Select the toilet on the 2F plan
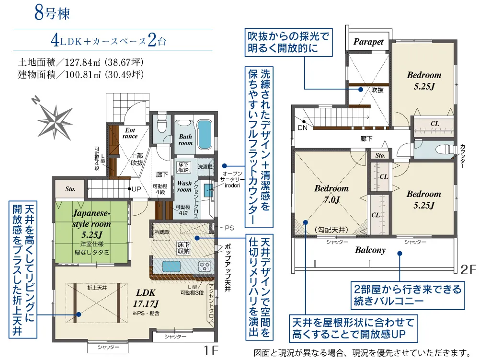(445, 150)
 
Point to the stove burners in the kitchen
(205, 267)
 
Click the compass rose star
(55, 121)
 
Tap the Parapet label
(368, 42)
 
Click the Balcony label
(370, 250)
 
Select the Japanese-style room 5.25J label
(91, 224)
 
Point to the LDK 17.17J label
(146, 298)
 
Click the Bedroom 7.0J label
(331, 194)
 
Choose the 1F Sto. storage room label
(70, 189)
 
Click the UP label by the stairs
(136, 189)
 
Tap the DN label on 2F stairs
(302, 128)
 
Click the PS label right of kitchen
(229, 228)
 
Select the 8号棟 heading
(52, 13)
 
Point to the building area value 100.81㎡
(83, 75)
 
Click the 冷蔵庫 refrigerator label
(161, 232)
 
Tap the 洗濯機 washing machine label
(205, 166)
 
